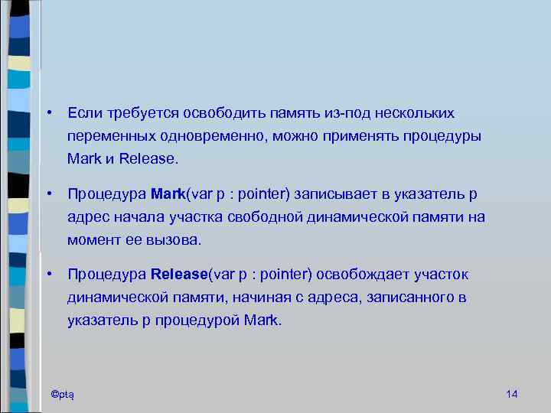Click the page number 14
pyautogui.click(x=513, y=393)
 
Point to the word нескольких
pyautogui.click(x=414, y=113)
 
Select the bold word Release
pyautogui.click(x=179, y=274)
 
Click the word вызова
pyautogui.click(x=176, y=240)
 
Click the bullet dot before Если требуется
pyautogui.click(x=48, y=113)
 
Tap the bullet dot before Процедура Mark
pyautogui.click(x=48, y=193)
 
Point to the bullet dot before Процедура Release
pyautogui.click(x=48, y=274)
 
